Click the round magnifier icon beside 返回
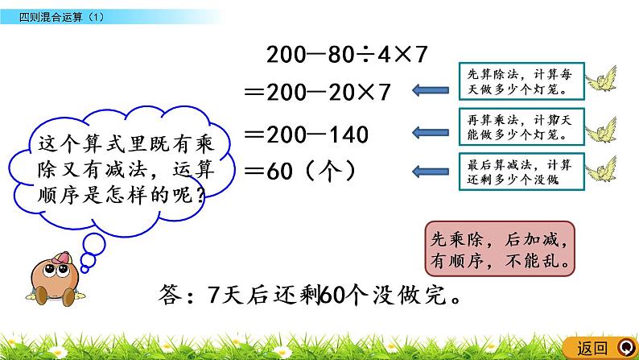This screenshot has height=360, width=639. [625, 348]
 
